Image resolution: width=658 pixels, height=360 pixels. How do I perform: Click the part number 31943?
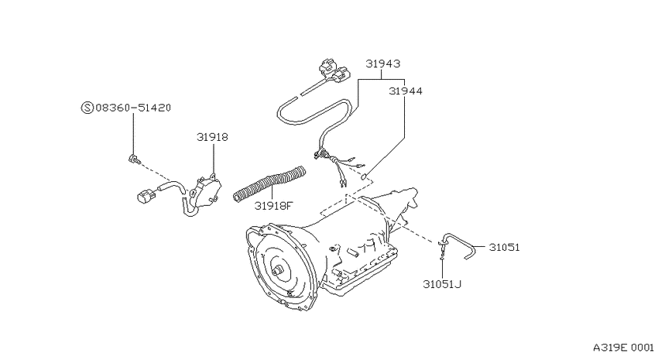(x=382, y=63)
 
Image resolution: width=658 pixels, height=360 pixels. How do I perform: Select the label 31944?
(x=406, y=91)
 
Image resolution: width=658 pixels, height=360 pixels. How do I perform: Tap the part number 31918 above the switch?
(x=212, y=137)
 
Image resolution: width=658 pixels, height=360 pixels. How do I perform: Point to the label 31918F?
(x=273, y=206)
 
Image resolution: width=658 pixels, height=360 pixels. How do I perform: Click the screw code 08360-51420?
(x=133, y=108)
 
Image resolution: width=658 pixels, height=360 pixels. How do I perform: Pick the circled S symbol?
(x=87, y=108)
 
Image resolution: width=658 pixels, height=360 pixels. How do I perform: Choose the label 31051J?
(x=442, y=284)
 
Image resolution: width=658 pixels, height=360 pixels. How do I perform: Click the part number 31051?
(x=505, y=247)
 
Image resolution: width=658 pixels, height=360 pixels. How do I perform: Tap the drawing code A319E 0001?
(x=623, y=348)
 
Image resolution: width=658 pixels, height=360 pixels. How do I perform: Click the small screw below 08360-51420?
(x=134, y=159)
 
